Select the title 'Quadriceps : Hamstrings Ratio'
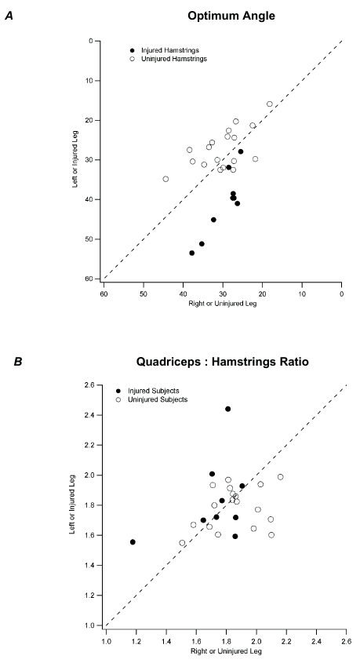tap(223, 363)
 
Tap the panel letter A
tap(10, 13)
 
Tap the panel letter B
tap(10, 362)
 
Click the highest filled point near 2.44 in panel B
tap(227, 409)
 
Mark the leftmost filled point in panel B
tap(133, 542)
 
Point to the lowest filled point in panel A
tap(192, 253)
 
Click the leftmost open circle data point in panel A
tap(165, 179)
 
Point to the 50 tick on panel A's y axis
tap(91, 239)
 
